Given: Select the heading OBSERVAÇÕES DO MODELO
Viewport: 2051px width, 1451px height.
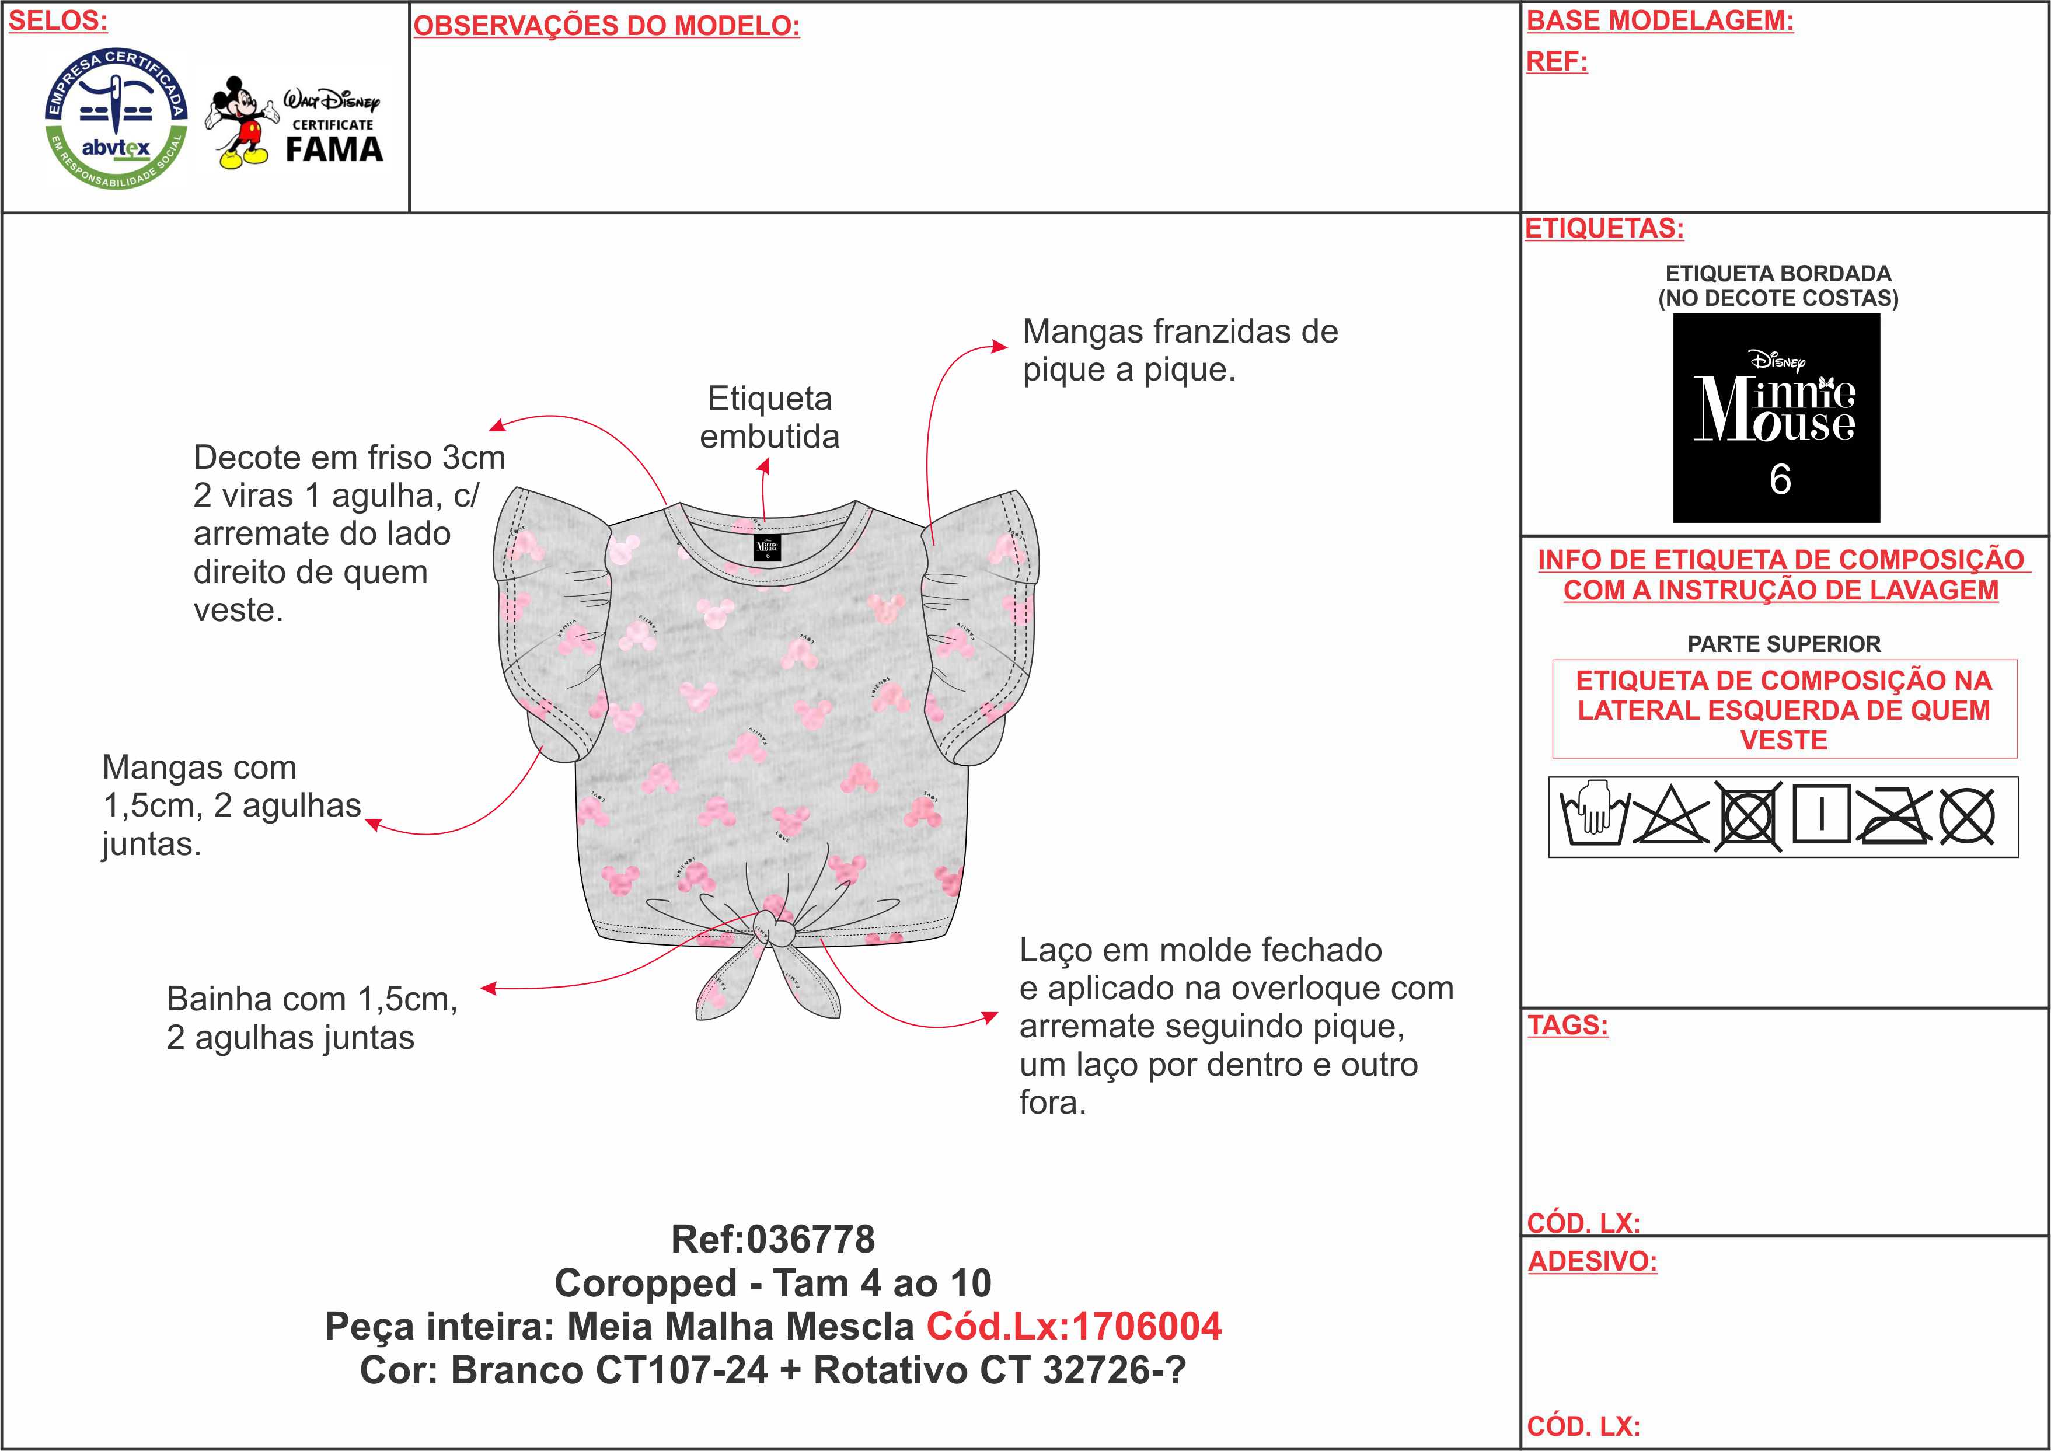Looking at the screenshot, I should point(606,26).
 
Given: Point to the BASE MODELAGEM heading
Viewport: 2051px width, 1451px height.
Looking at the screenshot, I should point(1660,20).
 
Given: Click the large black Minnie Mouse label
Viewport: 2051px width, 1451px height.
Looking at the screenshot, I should point(1776,417).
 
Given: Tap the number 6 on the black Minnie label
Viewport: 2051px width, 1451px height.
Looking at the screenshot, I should point(1780,480).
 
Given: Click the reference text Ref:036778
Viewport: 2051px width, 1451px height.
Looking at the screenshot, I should point(773,1239).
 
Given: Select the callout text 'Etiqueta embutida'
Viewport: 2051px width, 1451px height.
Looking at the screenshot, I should point(769,417).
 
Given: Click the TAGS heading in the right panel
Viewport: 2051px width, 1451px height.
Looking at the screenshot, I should point(1568,1025).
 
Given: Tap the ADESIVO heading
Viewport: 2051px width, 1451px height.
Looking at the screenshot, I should point(1592,1261).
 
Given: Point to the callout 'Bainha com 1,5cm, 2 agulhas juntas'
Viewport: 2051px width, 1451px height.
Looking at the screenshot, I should point(312,1018).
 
